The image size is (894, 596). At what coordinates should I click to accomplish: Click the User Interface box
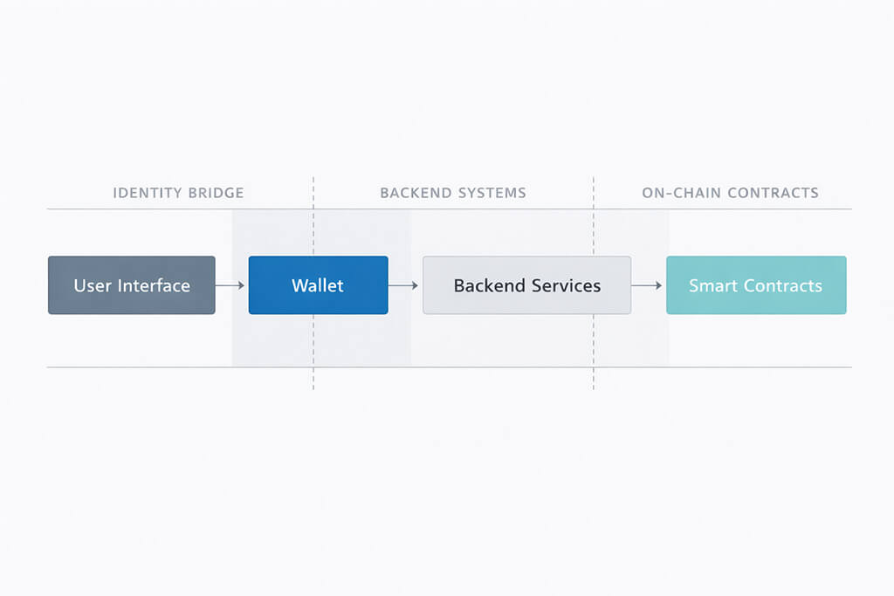[131, 285]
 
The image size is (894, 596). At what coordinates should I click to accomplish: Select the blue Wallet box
[318, 285]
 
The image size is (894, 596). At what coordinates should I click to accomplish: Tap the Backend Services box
[526, 285]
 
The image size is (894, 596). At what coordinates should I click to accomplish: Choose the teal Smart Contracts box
[756, 285]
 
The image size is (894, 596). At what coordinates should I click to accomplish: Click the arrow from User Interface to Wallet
[231, 285]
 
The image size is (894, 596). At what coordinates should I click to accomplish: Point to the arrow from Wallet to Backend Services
[405, 285]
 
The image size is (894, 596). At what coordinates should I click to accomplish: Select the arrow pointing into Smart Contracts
[648, 285]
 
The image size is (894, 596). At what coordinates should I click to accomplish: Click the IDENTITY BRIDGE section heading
[178, 193]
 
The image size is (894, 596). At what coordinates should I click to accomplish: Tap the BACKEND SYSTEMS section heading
[453, 193]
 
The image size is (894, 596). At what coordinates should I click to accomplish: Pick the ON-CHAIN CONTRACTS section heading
[730, 193]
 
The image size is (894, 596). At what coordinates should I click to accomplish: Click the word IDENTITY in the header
[149, 193]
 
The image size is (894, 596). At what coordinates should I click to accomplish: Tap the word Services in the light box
[567, 285]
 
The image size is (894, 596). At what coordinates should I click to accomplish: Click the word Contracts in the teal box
[781, 285]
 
